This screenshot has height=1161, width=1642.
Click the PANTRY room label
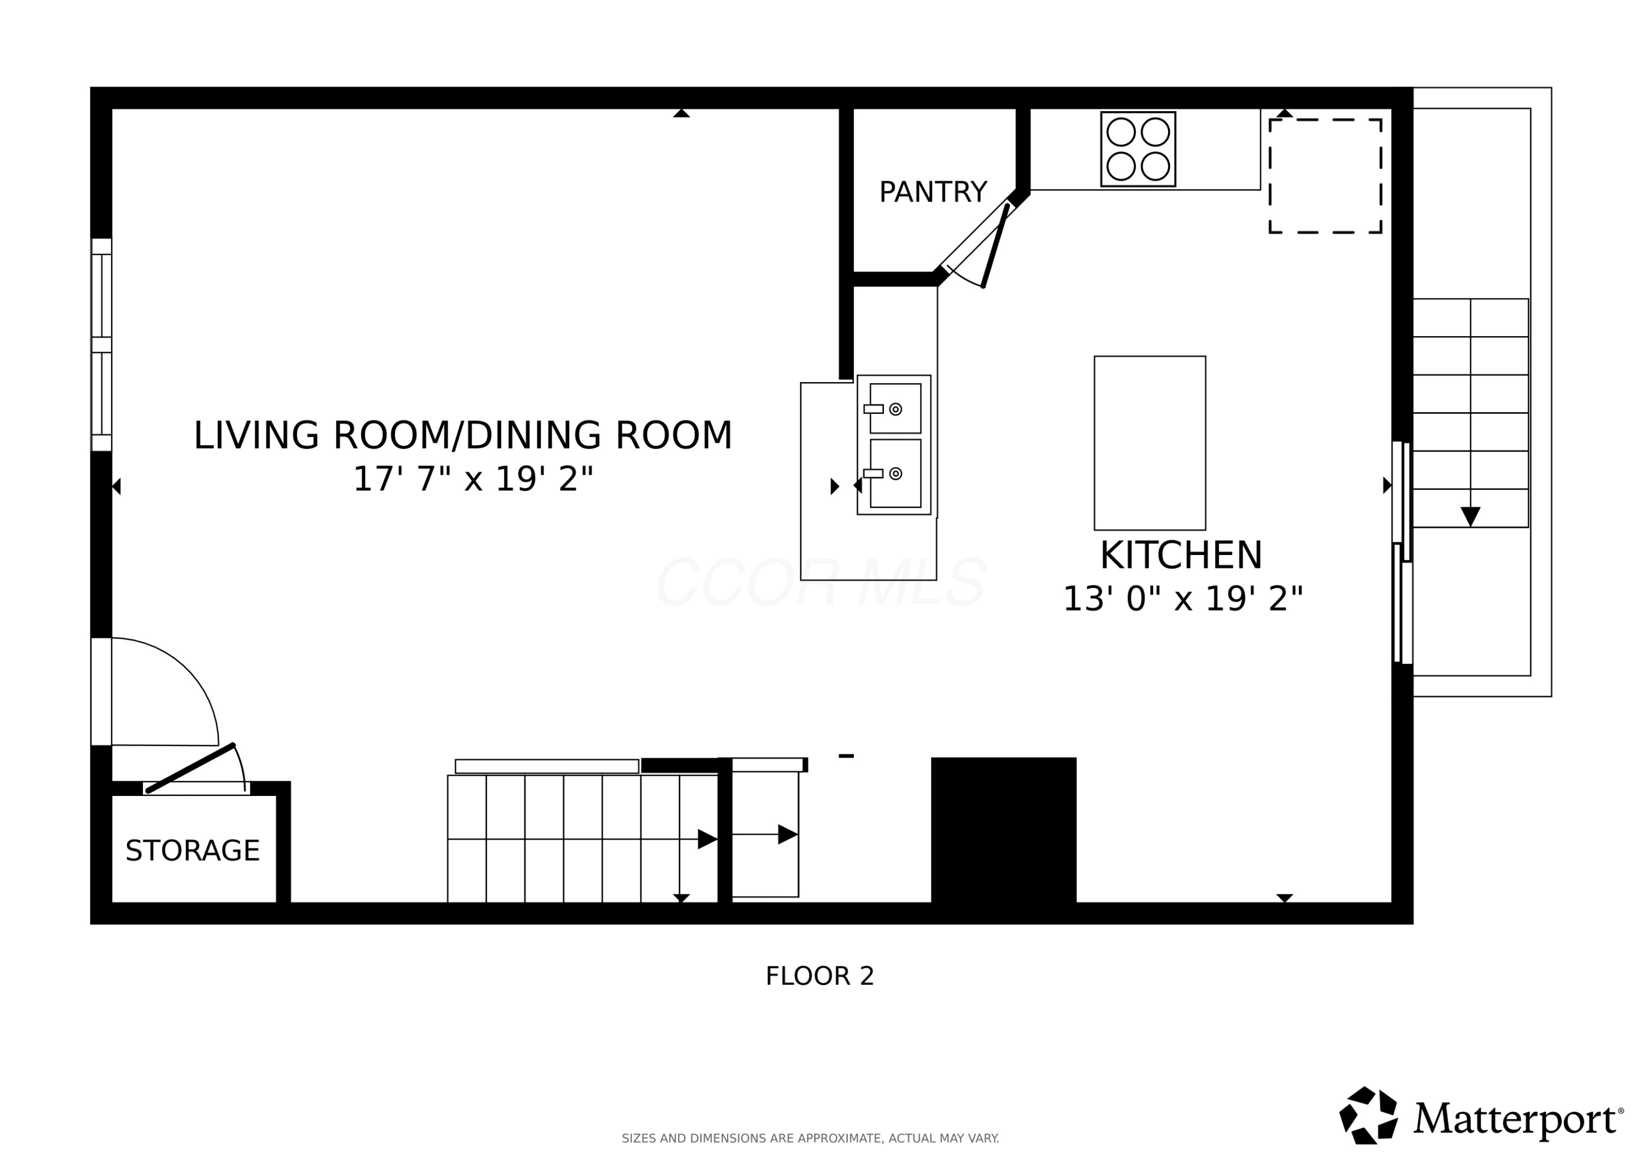pyautogui.click(x=933, y=193)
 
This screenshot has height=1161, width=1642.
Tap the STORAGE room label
pyautogui.click(x=192, y=851)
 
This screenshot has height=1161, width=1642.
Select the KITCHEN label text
pyautogui.click(x=1182, y=555)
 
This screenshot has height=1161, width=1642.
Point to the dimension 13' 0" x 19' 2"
pyautogui.click(x=1183, y=599)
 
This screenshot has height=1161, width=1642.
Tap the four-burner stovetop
pyautogui.click(x=1138, y=149)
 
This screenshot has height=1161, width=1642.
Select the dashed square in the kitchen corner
pyautogui.click(x=1325, y=176)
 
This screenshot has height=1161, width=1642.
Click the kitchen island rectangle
pyautogui.click(x=1150, y=443)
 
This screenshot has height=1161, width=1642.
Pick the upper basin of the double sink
pyautogui.click(x=895, y=408)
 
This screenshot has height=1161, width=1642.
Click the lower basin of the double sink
pyautogui.click(x=895, y=473)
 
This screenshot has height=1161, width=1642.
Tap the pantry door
pyautogui.click(x=996, y=245)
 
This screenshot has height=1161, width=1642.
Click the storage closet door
pyautogui.click(x=191, y=769)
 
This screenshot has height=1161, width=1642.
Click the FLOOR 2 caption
pyautogui.click(x=819, y=976)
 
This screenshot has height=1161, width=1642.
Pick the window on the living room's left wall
pyautogui.click(x=102, y=345)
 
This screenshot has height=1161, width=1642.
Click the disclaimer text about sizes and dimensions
pyautogui.click(x=810, y=1138)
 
